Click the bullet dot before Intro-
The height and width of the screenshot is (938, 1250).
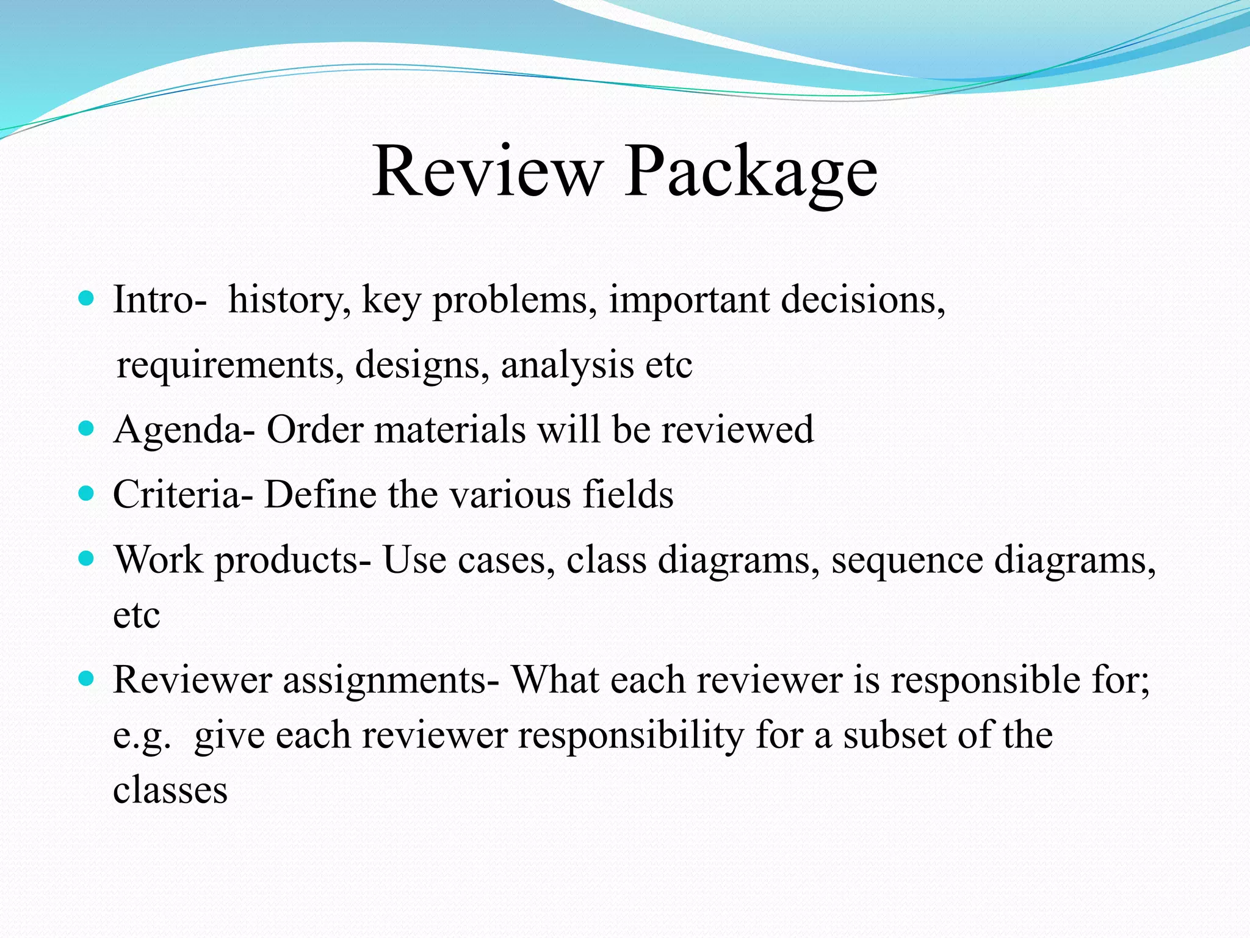pyautogui.click(x=87, y=299)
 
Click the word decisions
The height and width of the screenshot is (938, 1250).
pyautogui.click(x=863, y=300)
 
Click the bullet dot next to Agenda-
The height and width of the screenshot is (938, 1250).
pyautogui.click(x=87, y=428)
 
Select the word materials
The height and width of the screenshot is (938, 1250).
pyautogui.click(x=450, y=429)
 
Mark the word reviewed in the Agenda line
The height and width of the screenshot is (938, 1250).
pyautogui.click(x=737, y=429)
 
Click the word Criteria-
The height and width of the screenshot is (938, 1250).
pyautogui.click(x=182, y=494)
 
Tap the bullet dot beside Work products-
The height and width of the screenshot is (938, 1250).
pyautogui.click(x=87, y=558)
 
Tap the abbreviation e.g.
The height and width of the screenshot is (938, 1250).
pyautogui.click(x=142, y=736)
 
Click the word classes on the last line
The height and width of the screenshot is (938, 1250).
pyautogui.click(x=170, y=790)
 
